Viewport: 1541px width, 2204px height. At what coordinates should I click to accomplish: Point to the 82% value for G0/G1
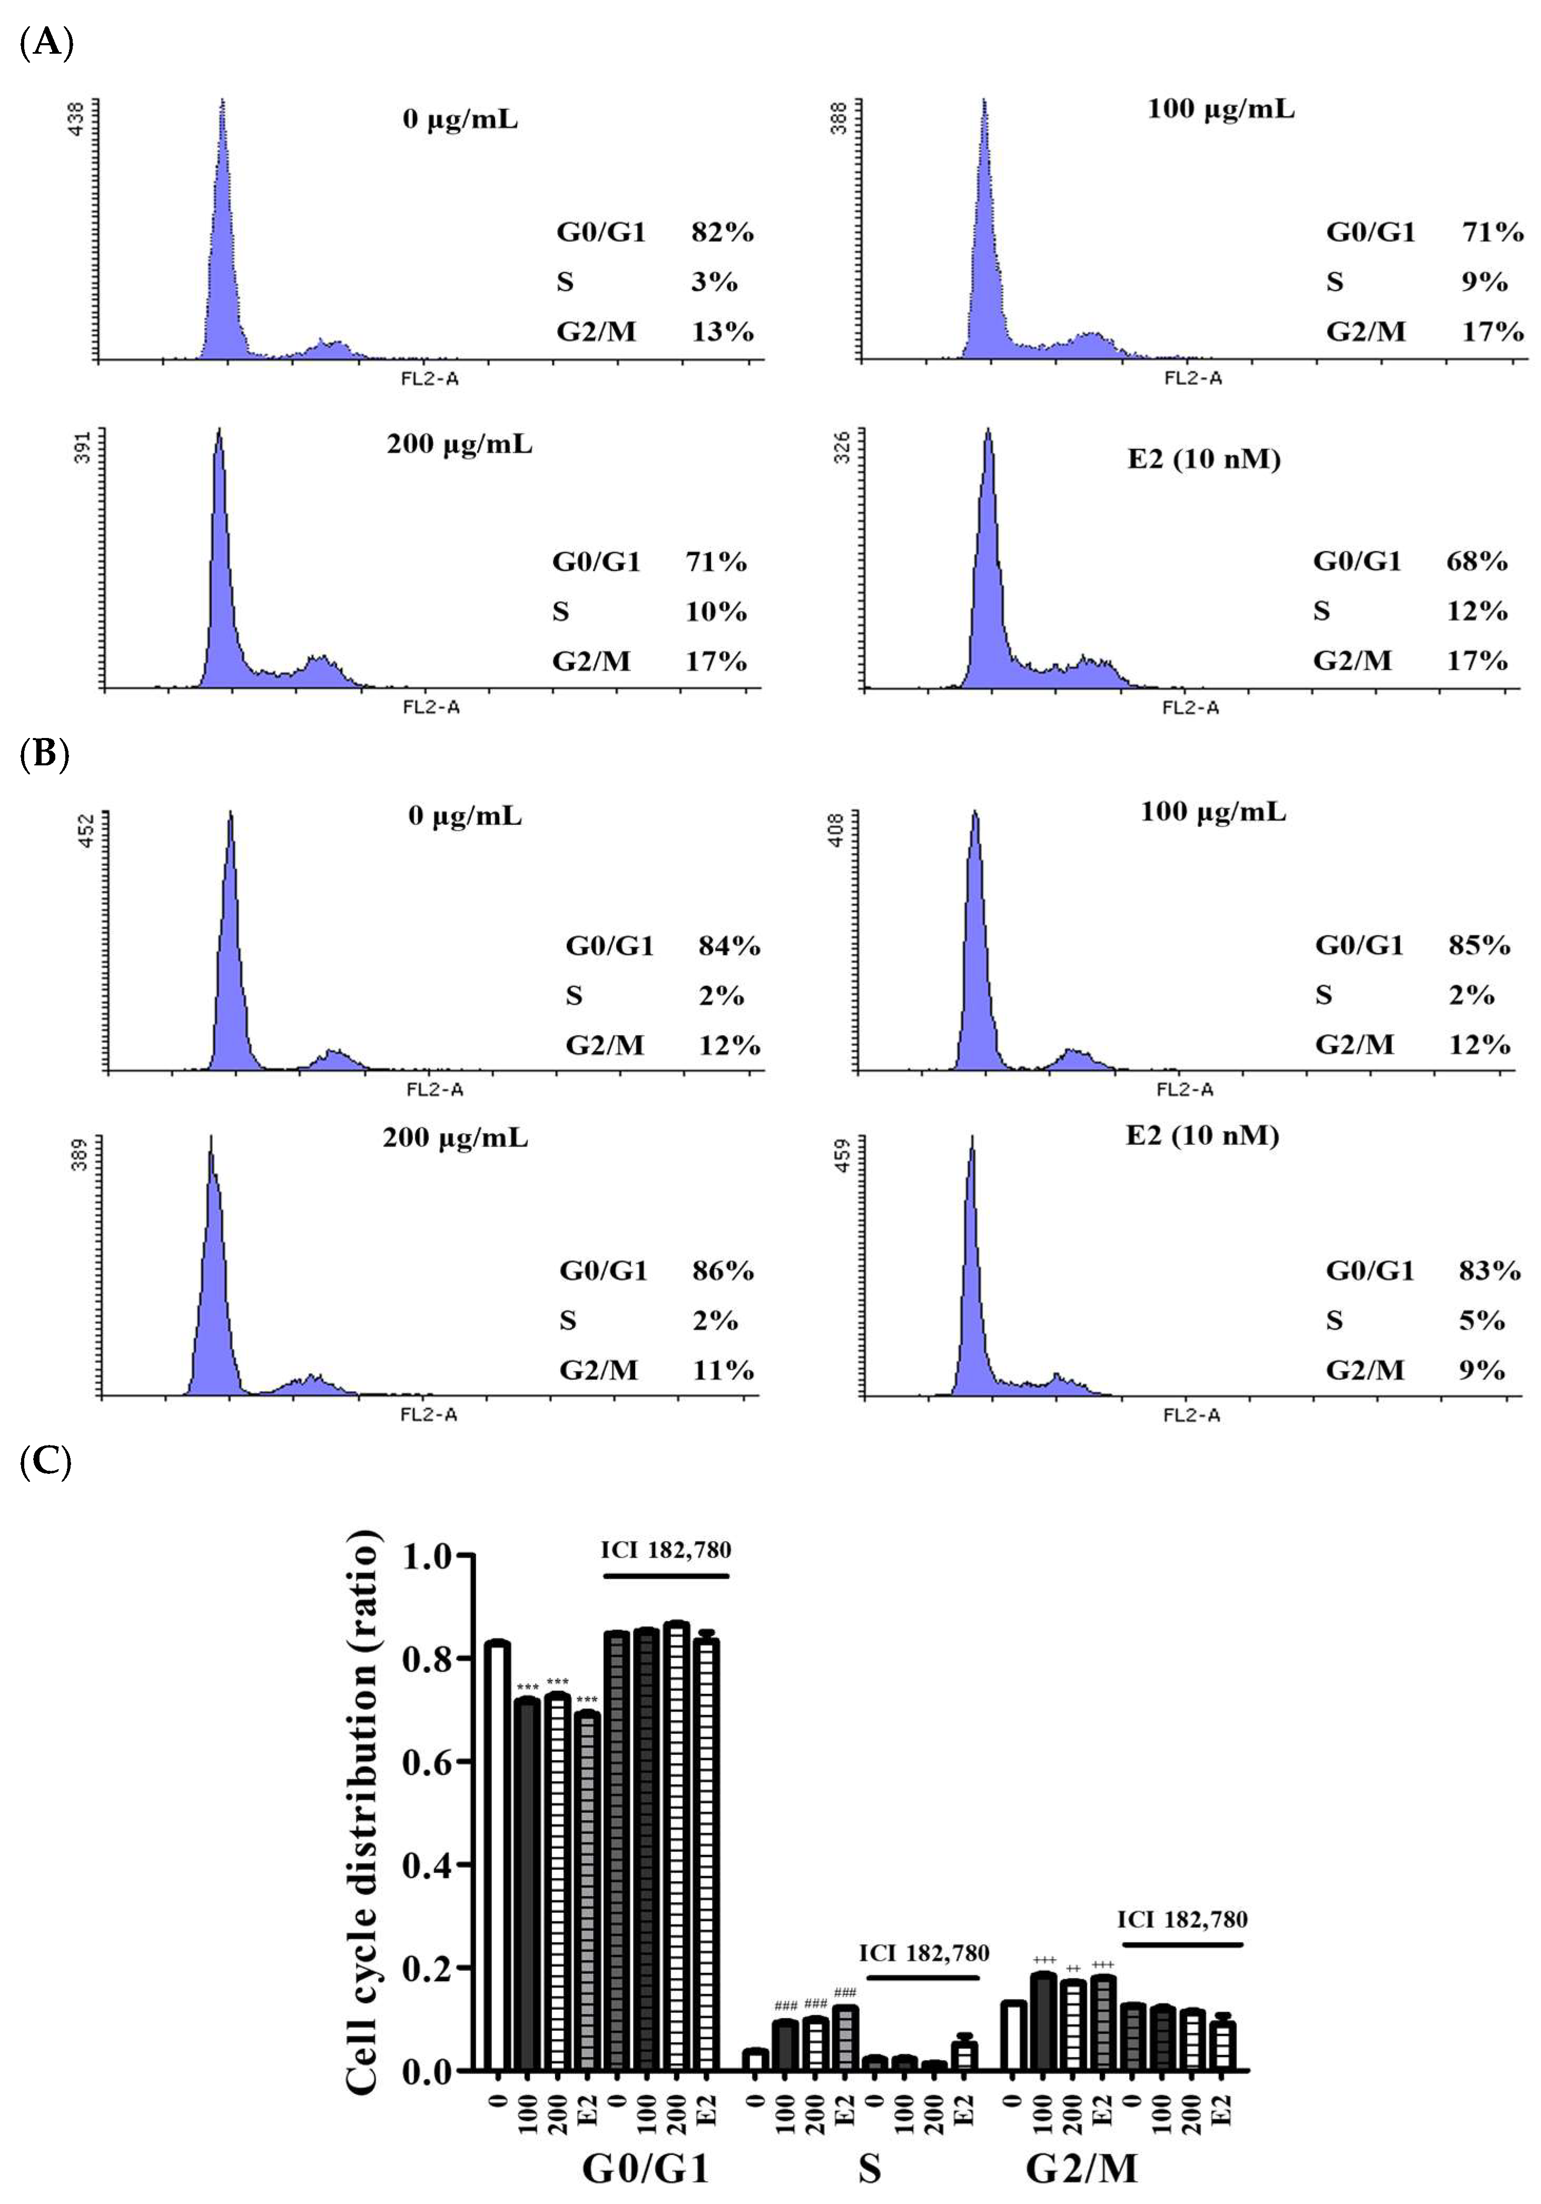[722, 232]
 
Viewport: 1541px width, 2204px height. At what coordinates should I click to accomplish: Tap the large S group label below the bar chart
[869, 2168]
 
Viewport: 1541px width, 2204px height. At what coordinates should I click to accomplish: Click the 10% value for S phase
[715, 612]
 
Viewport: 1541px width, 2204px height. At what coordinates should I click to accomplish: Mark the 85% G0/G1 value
[1479, 945]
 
